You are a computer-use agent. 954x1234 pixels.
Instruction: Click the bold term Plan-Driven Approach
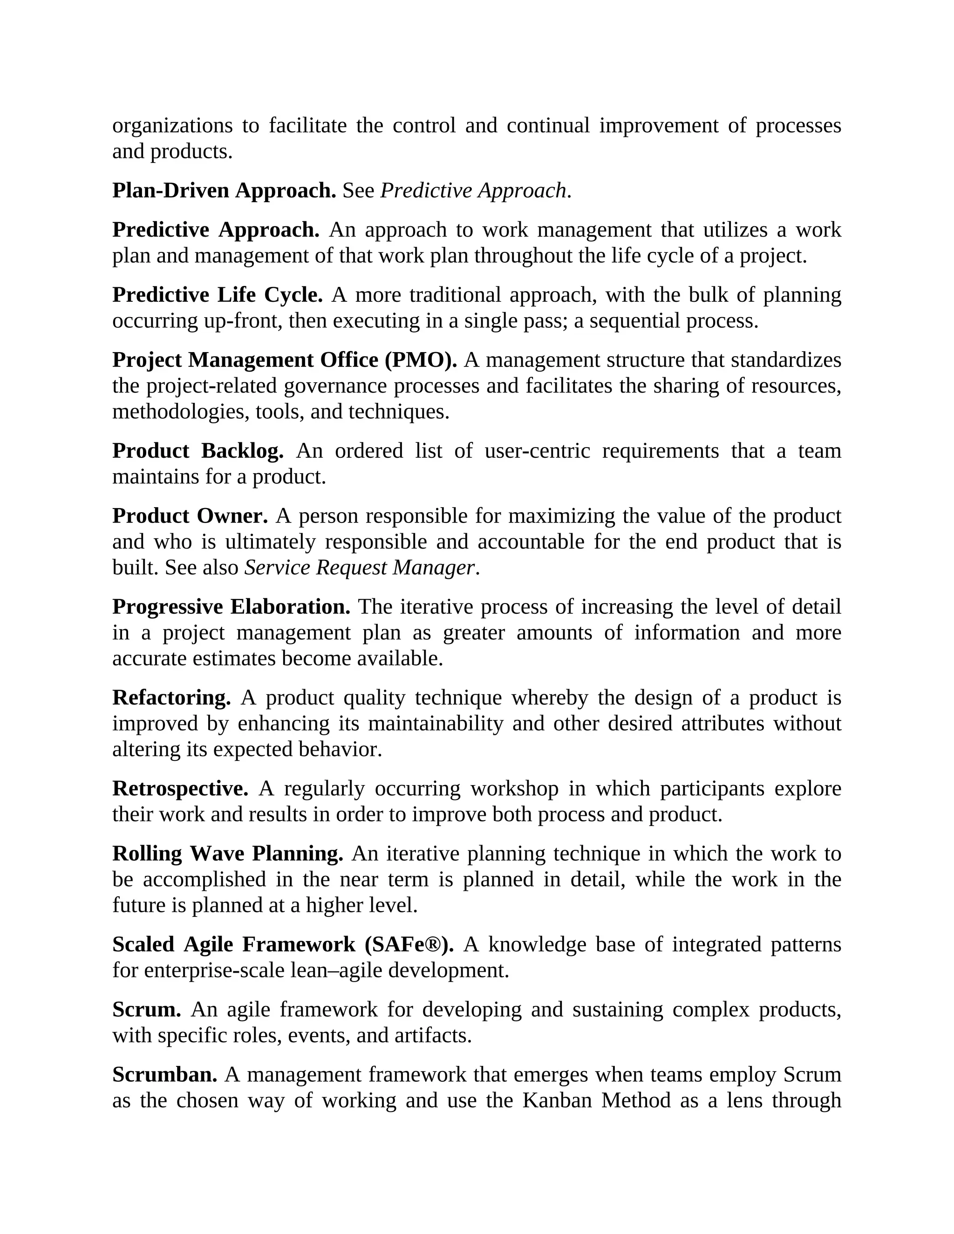click(224, 191)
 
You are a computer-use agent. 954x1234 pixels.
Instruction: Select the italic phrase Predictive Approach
click(472, 191)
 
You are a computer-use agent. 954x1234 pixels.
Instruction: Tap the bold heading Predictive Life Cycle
click(217, 295)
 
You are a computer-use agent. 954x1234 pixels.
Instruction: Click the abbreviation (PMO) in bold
click(421, 360)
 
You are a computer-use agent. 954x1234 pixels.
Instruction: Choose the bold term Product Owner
click(189, 516)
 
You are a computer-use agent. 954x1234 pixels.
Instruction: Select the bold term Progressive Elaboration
click(231, 607)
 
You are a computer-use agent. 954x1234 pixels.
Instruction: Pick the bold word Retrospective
click(180, 788)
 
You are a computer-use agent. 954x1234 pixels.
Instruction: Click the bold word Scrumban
click(164, 1074)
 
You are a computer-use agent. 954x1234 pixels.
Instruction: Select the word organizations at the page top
click(172, 125)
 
